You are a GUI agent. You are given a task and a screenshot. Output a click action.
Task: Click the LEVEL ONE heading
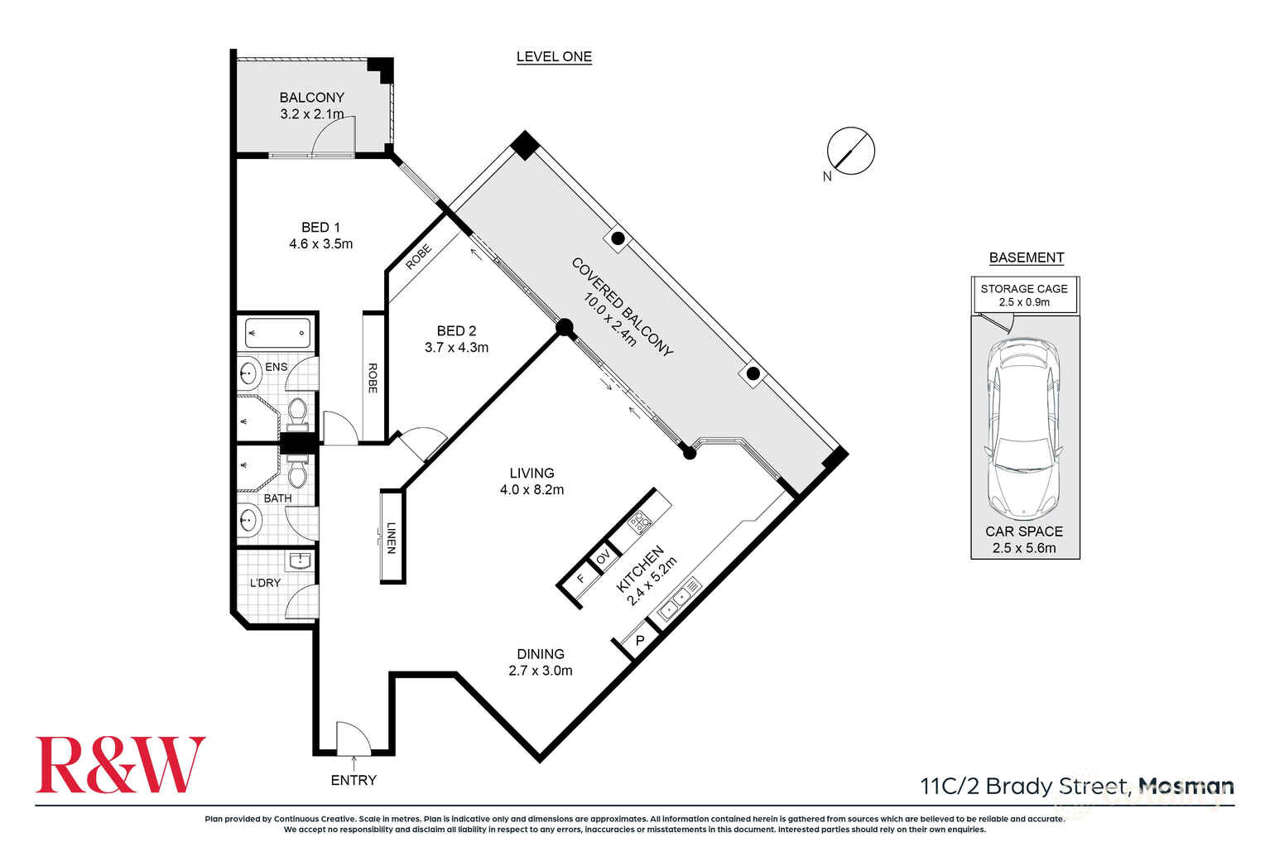pyautogui.click(x=554, y=56)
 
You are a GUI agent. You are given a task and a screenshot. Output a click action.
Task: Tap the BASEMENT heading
pyautogui.click(x=1026, y=257)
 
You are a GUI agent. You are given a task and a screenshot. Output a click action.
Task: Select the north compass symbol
pyautogui.click(x=850, y=152)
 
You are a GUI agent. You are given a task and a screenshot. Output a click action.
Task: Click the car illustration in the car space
pyautogui.click(x=1023, y=427)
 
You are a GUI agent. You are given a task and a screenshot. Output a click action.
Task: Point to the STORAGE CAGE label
pyautogui.click(x=1024, y=289)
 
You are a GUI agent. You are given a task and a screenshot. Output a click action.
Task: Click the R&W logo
pyautogui.click(x=120, y=765)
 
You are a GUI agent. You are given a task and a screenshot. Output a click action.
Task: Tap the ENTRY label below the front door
pyautogui.click(x=354, y=780)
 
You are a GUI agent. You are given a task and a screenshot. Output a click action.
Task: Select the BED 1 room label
pyautogui.click(x=320, y=227)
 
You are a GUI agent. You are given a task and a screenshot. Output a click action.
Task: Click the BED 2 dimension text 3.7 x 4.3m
pyautogui.click(x=456, y=348)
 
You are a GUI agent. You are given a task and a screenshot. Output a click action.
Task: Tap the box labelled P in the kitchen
pyautogui.click(x=639, y=641)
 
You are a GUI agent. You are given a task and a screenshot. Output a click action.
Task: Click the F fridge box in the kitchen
pyautogui.click(x=581, y=579)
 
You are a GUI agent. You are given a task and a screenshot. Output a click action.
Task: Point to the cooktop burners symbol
pyautogui.click(x=640, y=522)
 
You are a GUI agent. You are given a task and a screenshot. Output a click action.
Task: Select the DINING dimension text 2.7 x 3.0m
pyautogui.click(x=540, y=671)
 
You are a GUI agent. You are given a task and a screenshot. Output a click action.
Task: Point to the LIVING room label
pyautogui.click(x=532, y=473)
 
